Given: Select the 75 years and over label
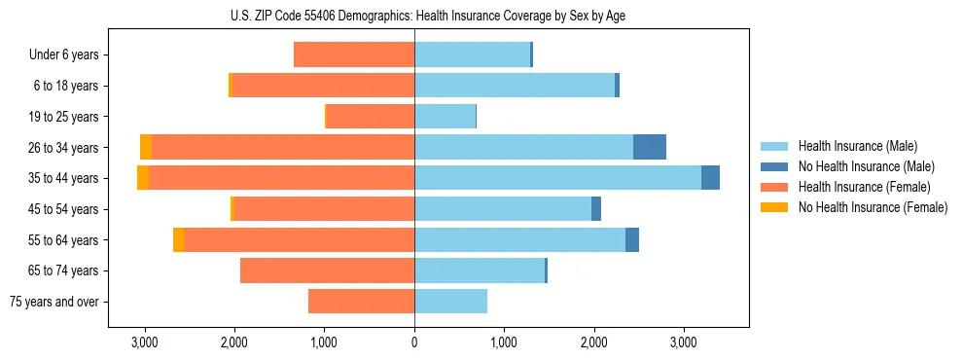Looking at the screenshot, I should (54, 302).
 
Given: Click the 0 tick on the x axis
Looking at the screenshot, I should (414, 343).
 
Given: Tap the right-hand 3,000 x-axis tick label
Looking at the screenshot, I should (684, 343).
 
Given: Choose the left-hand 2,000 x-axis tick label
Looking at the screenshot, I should (234, 343).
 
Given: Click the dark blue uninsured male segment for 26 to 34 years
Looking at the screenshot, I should (650, 147).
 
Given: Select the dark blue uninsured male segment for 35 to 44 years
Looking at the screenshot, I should (710, 178).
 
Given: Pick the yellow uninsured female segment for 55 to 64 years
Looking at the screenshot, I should (178, 239).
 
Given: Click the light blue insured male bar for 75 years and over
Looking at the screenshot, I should (450, 302).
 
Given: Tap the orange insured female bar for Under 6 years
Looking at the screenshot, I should (354, 55).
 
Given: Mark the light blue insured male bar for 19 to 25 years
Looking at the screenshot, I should (445, 117).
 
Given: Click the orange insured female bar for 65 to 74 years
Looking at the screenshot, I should (327, 270).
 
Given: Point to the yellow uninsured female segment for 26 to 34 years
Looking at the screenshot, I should (146, 147).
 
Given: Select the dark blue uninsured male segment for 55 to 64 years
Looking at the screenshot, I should (632, 239).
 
